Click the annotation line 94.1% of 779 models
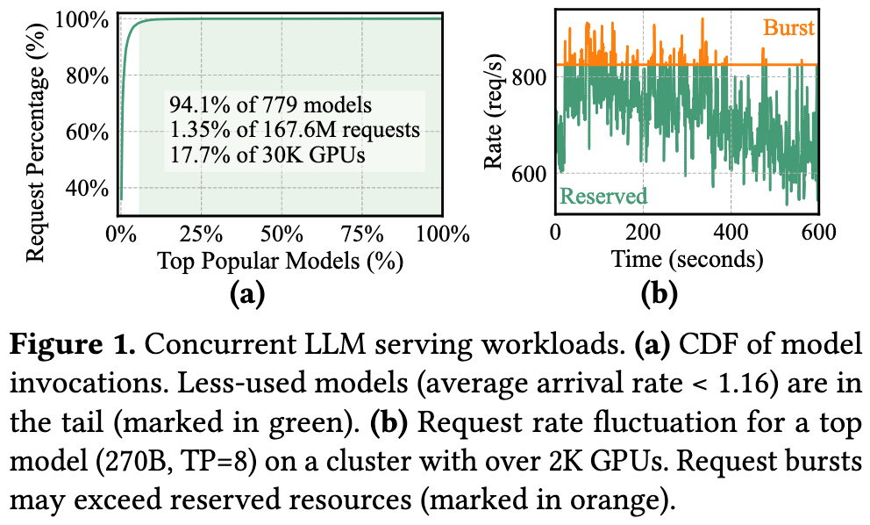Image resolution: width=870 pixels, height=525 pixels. [x=270, y=105]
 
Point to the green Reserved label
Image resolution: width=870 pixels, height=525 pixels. [x=603, y=195]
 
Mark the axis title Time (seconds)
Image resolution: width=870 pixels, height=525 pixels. [x=687, y=260]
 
